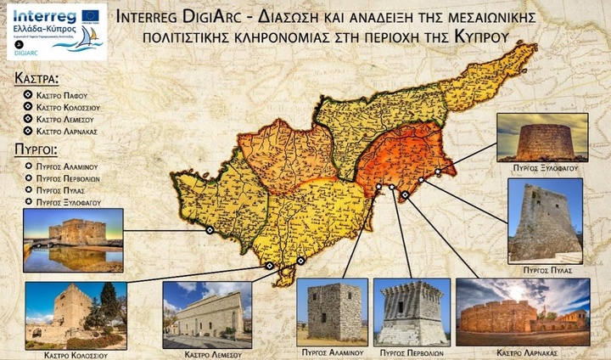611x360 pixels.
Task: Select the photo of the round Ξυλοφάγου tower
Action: [541, 138]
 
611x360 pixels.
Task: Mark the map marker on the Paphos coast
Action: [209, 229]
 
